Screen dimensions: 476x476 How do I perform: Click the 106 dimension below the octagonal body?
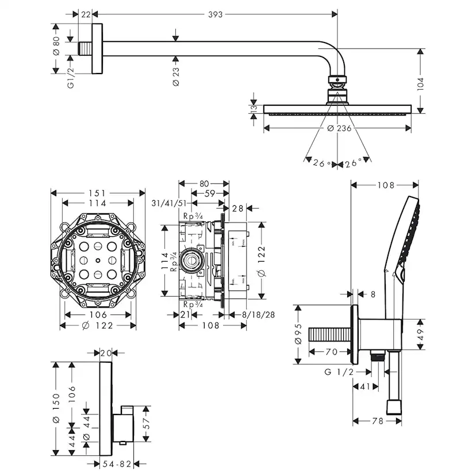[x=98, y=314]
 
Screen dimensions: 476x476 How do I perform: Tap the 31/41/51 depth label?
[x=167, y=203]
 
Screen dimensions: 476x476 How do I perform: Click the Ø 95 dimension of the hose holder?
[x=298, y=334]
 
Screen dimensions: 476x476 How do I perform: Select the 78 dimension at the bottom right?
[x=377, y=421]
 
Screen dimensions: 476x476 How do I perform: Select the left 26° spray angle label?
[x=322, y=163]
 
